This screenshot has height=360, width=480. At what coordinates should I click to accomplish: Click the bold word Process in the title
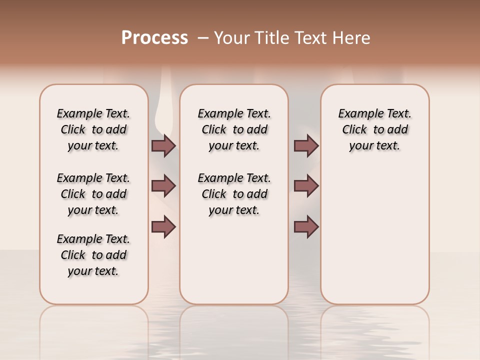pos(154,37)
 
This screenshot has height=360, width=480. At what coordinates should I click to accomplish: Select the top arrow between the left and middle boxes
pos(163,145)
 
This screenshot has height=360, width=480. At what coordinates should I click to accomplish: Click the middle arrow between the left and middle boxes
pos(163,186)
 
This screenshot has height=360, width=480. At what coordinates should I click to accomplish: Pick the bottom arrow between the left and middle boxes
pos(163,226)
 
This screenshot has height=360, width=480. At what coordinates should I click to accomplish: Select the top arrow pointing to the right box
pos(306,145)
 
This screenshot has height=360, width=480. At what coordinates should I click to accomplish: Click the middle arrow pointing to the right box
pos(306,186)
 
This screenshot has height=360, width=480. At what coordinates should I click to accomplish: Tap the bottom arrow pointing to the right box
pos(306,226)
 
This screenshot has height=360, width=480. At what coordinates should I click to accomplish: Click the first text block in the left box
pos(93,129)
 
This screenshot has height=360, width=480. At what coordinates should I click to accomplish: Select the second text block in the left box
pos(93,194)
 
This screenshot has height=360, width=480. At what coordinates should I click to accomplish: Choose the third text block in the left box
pos(93,255)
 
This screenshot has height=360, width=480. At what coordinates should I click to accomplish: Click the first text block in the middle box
pos(234,129)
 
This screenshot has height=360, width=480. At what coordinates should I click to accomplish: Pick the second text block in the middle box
pos(234,194)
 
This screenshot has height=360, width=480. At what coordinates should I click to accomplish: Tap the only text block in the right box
pos(374,129)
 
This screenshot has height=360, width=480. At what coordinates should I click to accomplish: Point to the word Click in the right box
pos(354,130)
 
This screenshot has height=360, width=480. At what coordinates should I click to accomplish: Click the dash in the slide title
pos(203,38)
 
